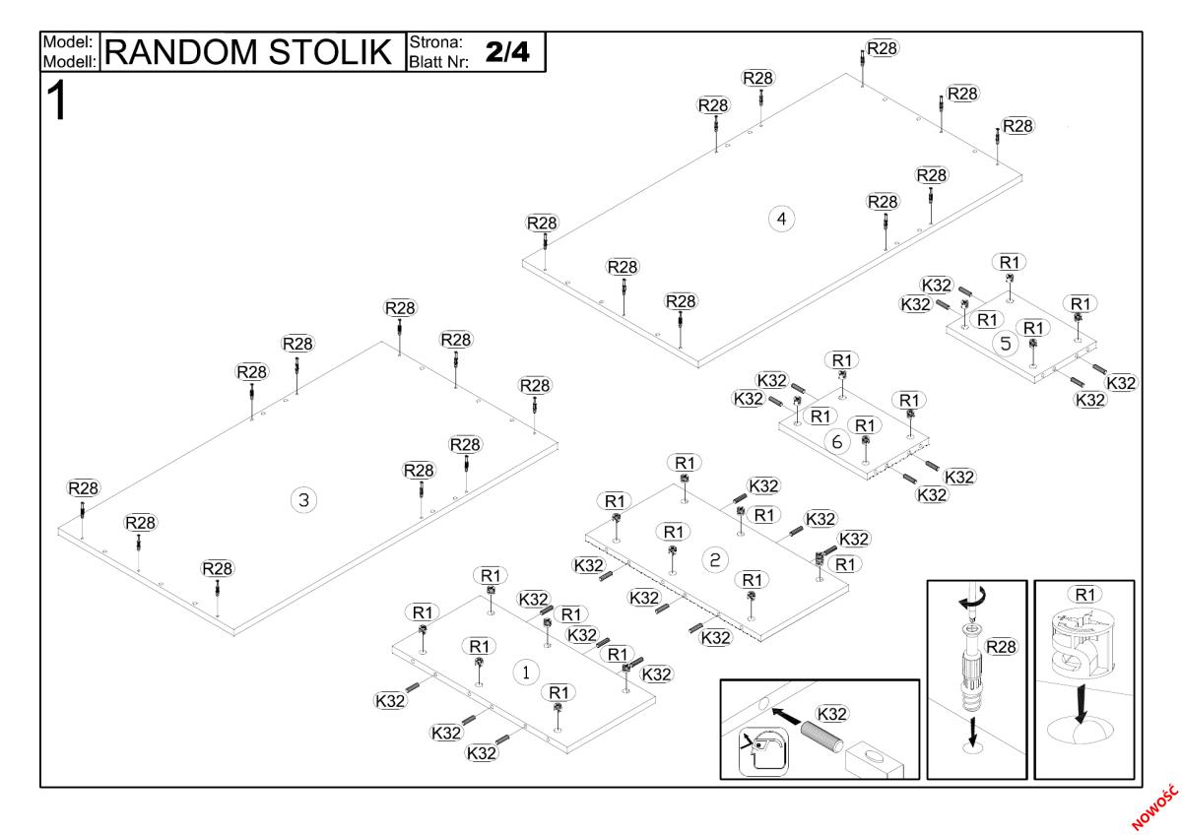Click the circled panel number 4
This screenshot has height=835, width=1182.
(x=781, y=219)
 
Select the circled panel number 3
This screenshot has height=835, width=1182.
(x=303, y=500)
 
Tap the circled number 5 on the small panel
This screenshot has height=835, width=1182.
(x=1005, y=344)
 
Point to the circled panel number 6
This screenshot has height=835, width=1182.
(x=837, y=442)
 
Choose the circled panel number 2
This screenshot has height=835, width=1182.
(x=715, y=559)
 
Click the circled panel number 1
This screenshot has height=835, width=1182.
(x=526, y=672)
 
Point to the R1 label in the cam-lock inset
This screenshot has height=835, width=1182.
(x=1084, y=594)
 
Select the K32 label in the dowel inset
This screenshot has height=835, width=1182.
(x=831, y=713)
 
